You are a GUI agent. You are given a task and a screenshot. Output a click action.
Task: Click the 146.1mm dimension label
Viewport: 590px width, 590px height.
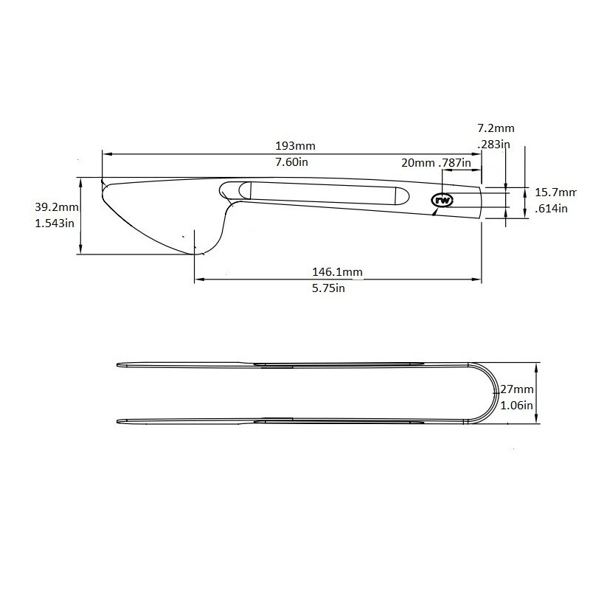pyautogui.click(x=336, y=272)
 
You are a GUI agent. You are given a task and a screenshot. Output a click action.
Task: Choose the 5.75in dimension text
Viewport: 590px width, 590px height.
pyautogui.click(x=329, y=288)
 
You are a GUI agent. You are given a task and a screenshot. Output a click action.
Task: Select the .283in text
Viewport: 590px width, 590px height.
pyautogui.click(x=493, y=144)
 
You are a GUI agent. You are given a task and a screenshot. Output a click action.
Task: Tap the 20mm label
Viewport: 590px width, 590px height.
pyautogui.click(x=417, y=162)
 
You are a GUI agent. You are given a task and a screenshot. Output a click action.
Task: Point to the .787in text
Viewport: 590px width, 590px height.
pyautogui.click(x=454, y=162)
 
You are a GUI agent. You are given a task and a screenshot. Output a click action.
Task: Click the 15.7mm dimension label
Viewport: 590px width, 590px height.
pyautogui.click(x=555, y=192)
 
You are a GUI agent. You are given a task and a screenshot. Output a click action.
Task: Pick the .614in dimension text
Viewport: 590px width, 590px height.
pyautogui.click(x=551, y=209)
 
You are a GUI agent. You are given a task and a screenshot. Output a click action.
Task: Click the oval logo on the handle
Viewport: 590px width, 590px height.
pyautogui.click(x=443, y=200)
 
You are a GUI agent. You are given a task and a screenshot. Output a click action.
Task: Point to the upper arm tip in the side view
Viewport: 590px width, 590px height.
pyautogui.click(x=121, y=364)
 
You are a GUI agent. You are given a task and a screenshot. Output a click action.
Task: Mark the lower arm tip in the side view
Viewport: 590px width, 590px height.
pyautogui.click(x=121, y=422)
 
